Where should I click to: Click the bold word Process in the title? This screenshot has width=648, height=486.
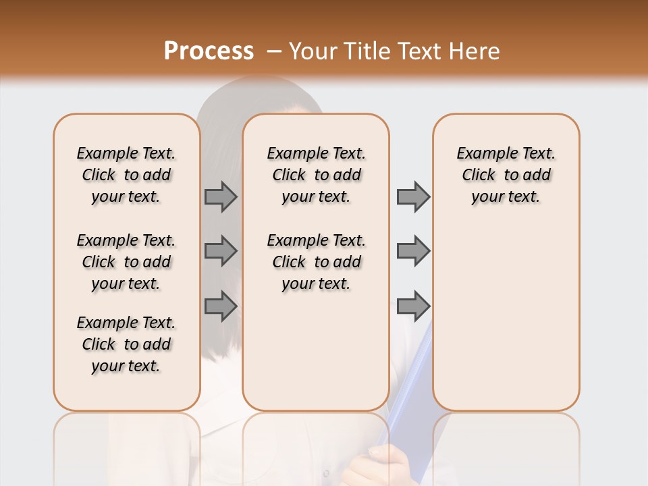(209, 51)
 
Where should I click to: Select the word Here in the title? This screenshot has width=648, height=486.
(473, 51)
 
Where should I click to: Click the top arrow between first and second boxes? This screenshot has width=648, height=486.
(221, 196)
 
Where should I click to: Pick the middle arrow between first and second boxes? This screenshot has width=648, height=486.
(221, 251)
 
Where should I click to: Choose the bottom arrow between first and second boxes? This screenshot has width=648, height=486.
(221, 306)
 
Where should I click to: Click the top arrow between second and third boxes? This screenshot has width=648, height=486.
(413, 196)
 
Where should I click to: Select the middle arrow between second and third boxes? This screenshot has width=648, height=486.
(413, 251)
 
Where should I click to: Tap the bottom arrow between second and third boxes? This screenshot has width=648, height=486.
(413, 306)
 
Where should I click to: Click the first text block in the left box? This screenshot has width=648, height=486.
(126, 175)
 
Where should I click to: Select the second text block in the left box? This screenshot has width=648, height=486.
(126, 262)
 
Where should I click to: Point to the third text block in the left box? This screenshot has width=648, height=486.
(126, 344)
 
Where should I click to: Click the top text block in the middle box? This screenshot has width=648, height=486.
(316, 175)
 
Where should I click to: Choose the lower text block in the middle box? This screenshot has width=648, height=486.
(316, 262)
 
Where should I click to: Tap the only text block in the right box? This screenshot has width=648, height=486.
(506, 175)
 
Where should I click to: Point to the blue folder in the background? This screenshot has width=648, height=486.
(412, 378)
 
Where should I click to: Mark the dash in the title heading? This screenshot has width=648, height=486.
(274, 51)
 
